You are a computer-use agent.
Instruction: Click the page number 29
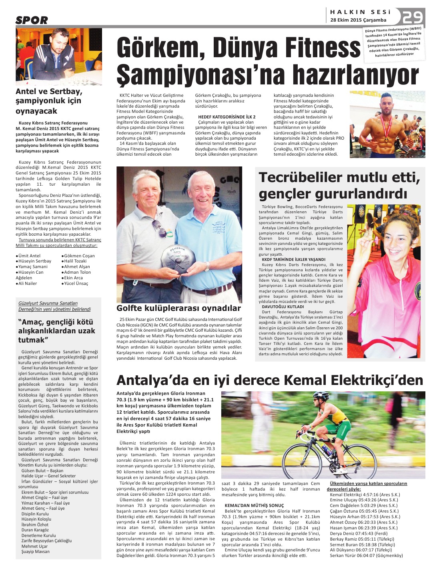(x=413, y=18)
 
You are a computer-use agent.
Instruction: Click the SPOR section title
(x=32, y=20)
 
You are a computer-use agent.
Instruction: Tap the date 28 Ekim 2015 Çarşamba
(x=358, y=20)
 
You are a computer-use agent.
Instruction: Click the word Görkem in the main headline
(x=160, y=47)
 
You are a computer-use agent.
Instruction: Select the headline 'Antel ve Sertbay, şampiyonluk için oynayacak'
(x=48, y=101)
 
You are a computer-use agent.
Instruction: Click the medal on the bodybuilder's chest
(x=387, y=139)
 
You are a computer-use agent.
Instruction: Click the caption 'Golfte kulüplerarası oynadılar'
(x=178, y=308)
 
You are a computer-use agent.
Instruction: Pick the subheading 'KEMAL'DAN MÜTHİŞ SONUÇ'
(x=254, y=505)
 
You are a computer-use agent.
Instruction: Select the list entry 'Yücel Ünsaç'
(x=76, y=283)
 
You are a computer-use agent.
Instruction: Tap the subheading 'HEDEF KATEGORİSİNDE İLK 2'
(x=227, y=117)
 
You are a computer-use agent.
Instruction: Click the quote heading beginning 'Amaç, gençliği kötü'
(x=56, y=331)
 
